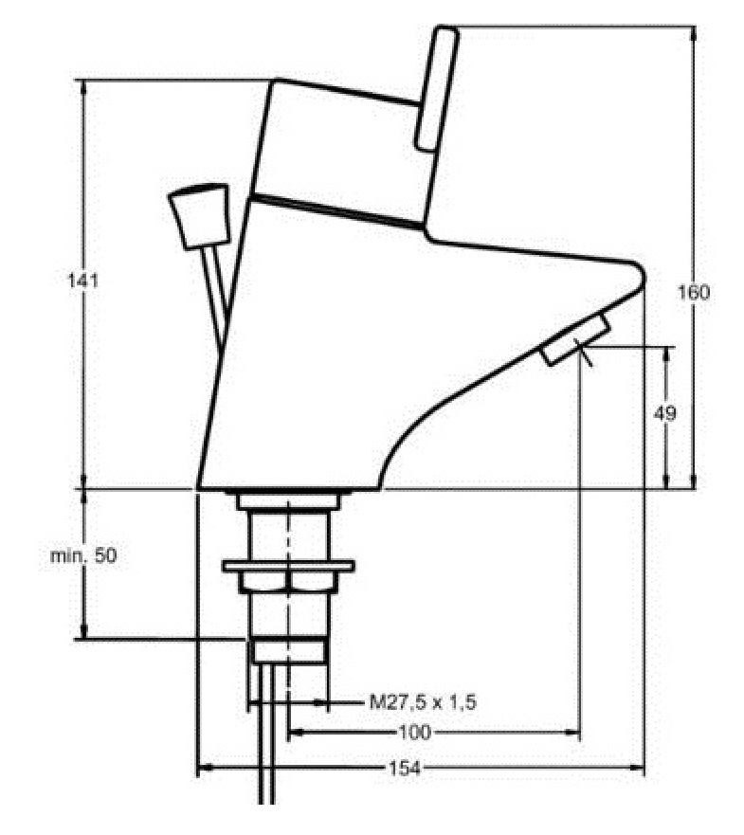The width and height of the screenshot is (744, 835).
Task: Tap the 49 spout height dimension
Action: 669,415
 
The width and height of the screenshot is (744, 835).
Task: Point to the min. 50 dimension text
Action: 84,556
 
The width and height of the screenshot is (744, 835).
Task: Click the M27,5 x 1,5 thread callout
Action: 422,702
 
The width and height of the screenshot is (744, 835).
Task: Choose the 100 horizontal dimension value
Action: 415,733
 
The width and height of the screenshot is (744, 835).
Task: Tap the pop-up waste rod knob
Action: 199,215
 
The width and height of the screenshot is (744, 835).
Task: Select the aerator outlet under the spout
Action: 575,342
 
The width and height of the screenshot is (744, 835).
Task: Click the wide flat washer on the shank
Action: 288,567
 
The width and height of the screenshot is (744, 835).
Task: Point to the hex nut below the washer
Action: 288,583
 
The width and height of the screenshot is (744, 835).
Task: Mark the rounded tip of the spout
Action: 637,272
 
